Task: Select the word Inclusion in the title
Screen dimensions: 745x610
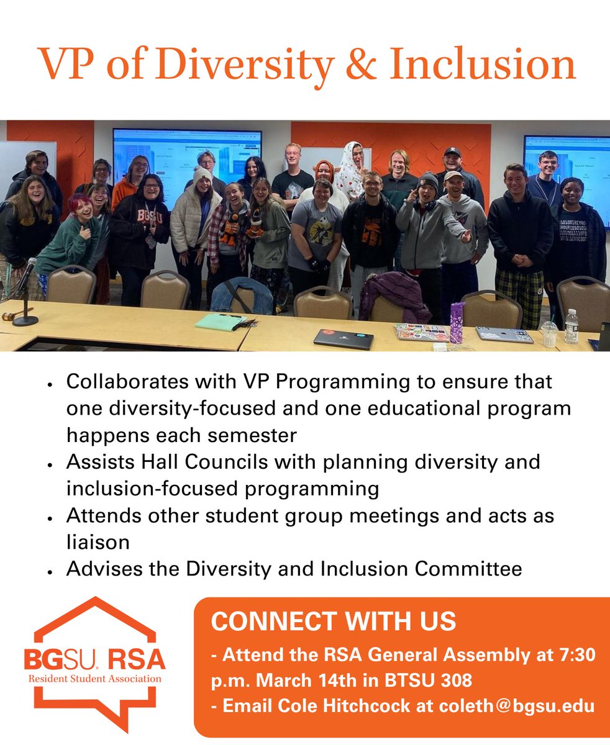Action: (481, 64)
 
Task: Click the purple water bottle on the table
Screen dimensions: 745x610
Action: (457, 322)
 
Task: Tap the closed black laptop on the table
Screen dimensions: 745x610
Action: (343, 338)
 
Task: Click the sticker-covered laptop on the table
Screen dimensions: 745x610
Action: (421, 332)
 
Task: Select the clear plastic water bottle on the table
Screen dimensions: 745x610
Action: (571, 327)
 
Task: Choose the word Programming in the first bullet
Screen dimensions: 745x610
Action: (339, 382)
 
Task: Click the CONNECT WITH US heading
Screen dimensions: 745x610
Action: (334, 621)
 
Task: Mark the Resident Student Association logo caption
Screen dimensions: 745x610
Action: (94, 679)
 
